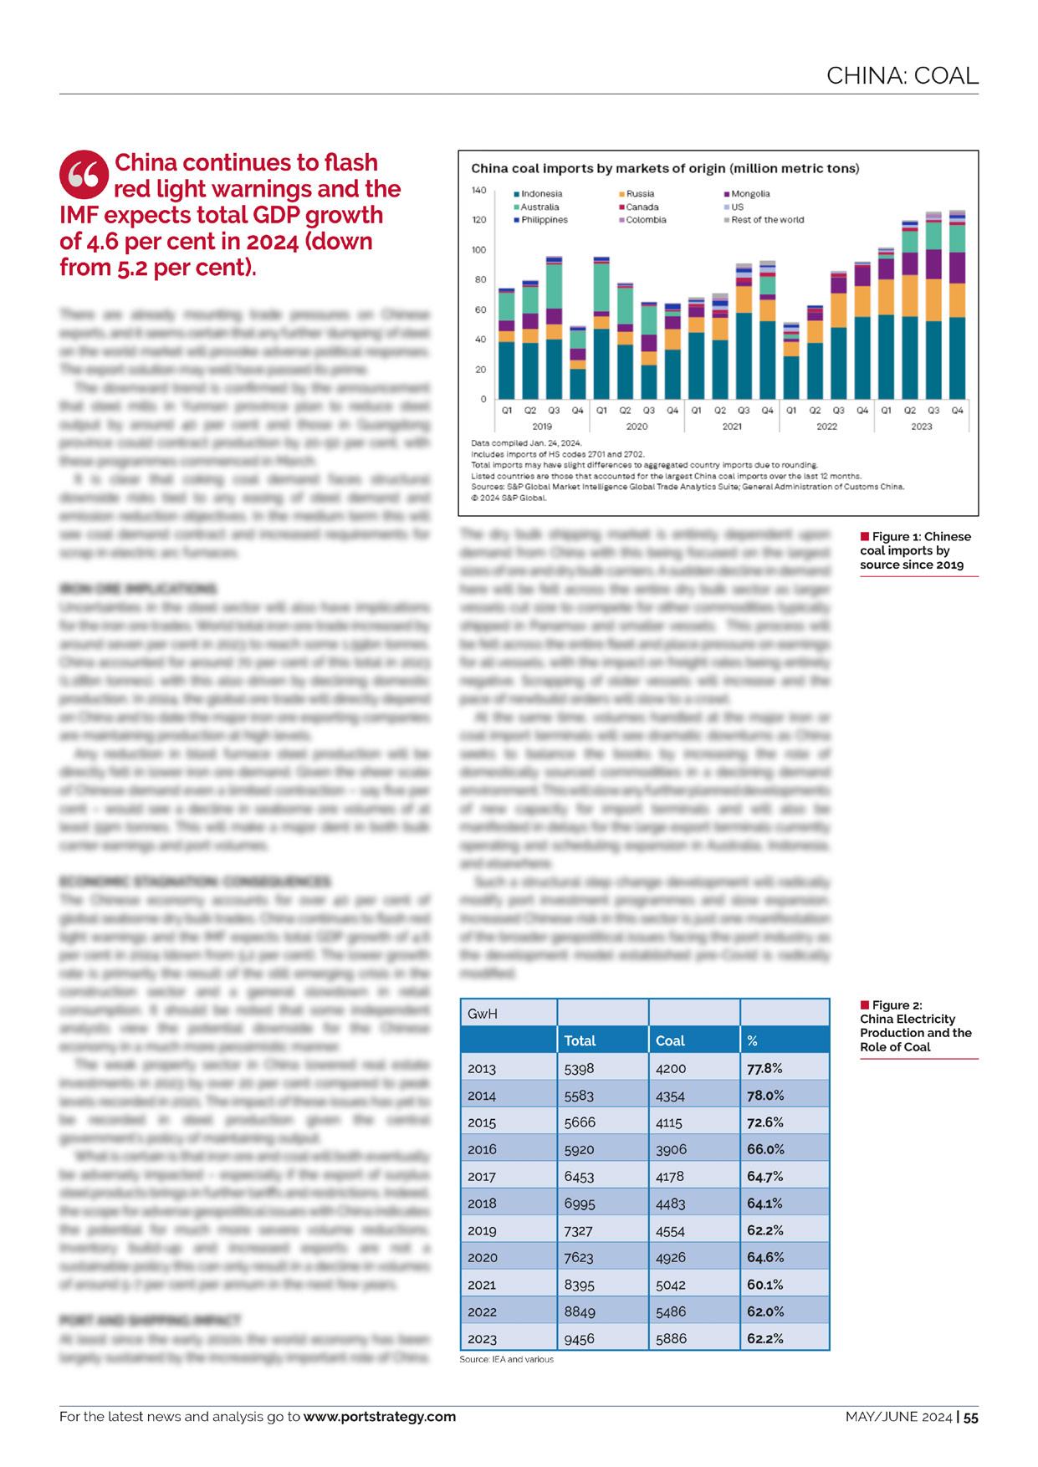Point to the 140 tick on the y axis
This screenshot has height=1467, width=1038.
coord(478,191)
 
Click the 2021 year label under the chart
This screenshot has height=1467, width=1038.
coord(731,427)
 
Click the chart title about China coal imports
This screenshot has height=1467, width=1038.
coord(665,168)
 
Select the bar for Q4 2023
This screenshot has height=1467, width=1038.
coord(957,304)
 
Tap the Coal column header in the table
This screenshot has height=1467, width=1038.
coord(670,1040)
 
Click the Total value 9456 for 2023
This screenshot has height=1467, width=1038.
coord(580,1338)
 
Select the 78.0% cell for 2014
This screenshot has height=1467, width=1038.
coord(765,1095)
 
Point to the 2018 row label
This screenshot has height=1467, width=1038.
coord(482,1203)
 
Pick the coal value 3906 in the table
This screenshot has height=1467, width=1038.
coord(671,1149)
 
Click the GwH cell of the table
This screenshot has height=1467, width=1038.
coord(483,1014)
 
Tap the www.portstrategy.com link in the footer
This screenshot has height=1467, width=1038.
coord(380,1416)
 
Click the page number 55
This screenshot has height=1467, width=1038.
coord(970,1417)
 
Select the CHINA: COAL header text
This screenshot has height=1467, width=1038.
coord(902,76)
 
